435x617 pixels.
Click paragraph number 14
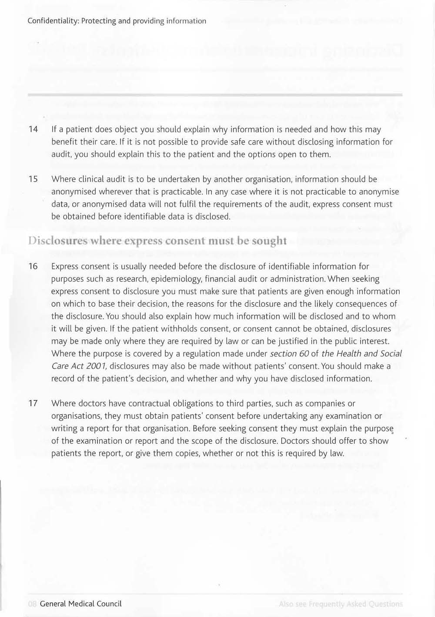33,129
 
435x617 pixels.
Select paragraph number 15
33,179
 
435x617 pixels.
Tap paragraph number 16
33,266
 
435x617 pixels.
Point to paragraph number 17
33,403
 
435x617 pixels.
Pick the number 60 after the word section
304,353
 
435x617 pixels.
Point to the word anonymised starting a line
72,191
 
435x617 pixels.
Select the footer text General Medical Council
81,604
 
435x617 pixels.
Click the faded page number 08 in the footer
32,604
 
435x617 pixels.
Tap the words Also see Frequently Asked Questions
341,604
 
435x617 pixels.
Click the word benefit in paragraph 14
64,142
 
